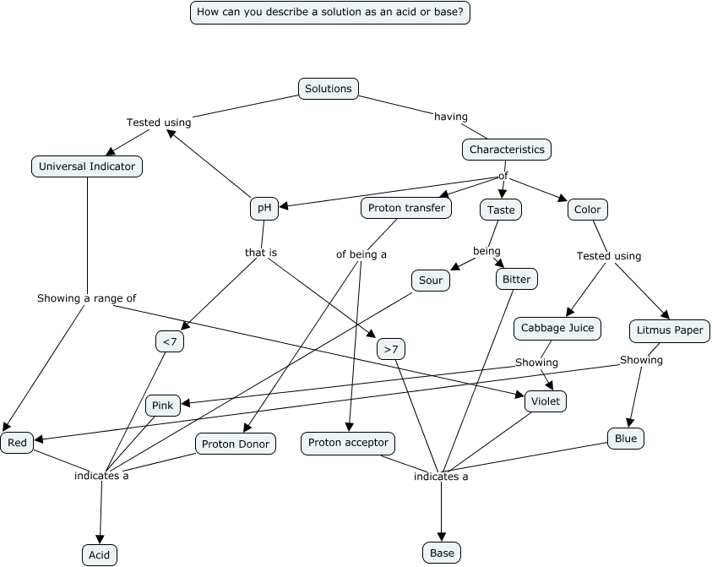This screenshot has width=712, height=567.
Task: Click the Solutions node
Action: tap(329, 89)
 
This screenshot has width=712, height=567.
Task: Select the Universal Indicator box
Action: tap(87, 166)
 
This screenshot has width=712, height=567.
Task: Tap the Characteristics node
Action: tap(507, 150)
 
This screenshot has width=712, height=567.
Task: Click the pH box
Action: tap(264, 208)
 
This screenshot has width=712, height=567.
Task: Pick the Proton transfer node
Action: tap(407, 208)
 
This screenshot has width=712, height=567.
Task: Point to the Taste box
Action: tap(501, 210)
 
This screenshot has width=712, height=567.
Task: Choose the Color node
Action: tap(587, 210)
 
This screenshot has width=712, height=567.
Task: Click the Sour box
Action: tap(431, 281)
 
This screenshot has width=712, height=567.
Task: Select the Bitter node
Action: tap(516, 279)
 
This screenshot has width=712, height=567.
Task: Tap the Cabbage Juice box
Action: tap(557, 328)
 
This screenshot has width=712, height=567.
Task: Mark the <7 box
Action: tap(170, 341)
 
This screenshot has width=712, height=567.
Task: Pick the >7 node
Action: tap(390, 349)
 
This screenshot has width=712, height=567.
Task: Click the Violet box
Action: tap(545, 401)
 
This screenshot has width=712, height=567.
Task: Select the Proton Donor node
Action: tap(236, 444)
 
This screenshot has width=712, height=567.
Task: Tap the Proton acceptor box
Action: tap(348, 443)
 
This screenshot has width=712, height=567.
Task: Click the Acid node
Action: tap(100, 554)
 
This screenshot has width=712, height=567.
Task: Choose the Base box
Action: tap(442, 553)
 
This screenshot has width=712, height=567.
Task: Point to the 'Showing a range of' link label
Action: tap(86, 298)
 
